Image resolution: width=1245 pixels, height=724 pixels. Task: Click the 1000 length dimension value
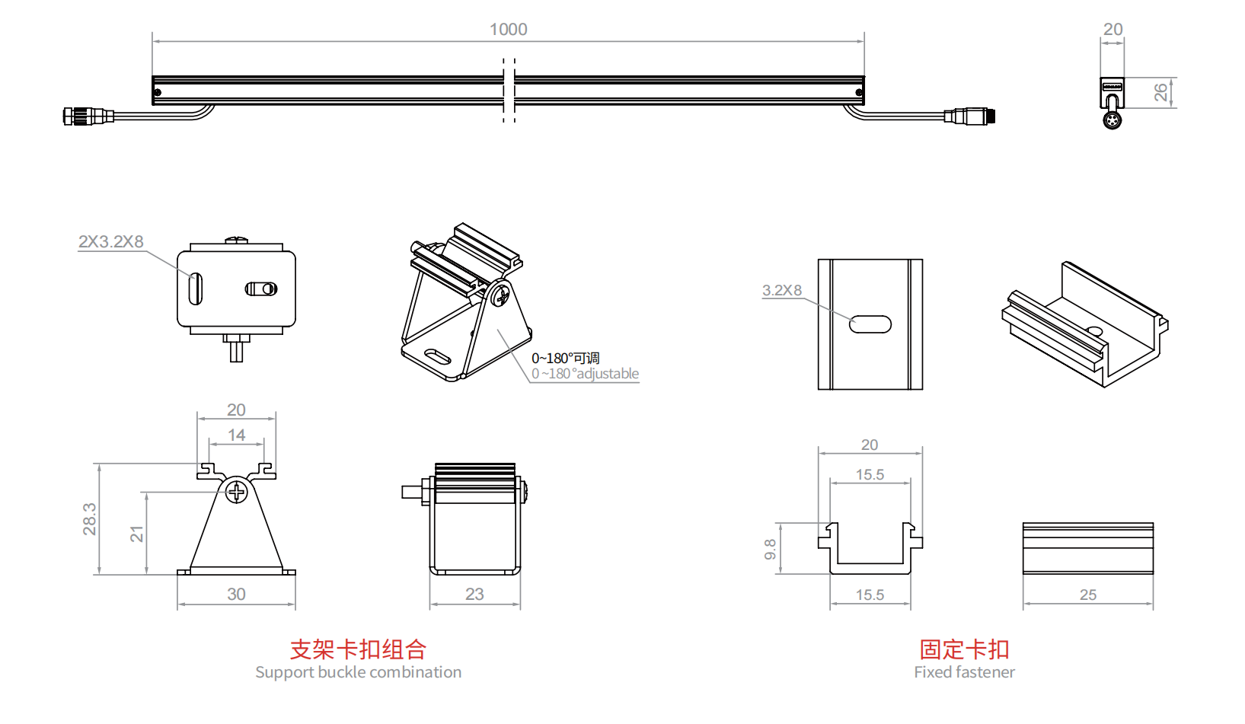pos(508,30)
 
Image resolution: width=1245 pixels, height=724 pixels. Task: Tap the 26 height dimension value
pos(1160,92)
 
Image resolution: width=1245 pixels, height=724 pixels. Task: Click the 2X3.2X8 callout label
pos(111,241)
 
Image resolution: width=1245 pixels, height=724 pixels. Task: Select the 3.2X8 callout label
pos(782,290)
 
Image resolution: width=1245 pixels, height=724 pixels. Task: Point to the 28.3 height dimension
pos(90,518)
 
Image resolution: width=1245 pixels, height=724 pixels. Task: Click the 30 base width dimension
pos(236,595)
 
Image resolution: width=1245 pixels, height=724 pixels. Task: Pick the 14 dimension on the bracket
pos(236,435)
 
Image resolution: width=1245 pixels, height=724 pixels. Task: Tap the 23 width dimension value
pos(474,595)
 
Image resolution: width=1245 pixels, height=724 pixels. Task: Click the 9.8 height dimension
pos(771,549)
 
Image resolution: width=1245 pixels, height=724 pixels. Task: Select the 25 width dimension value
pos(1088,595)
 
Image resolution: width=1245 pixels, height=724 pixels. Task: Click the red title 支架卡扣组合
pos(358,649)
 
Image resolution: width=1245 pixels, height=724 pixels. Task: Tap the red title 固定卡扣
pos(964,649)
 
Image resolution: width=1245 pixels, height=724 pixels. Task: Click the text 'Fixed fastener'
pos(964,672)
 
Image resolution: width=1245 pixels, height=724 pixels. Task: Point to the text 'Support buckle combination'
pos(358,672)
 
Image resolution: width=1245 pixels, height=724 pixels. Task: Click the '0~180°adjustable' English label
pos(586,374)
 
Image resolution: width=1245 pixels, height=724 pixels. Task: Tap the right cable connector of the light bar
pos(970,116)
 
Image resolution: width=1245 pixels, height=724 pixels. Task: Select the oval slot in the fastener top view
pos(870,324)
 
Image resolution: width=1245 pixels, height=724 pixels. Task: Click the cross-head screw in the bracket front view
pos(238,492)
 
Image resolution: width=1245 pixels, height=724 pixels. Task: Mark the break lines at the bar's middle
pos(509,90)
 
